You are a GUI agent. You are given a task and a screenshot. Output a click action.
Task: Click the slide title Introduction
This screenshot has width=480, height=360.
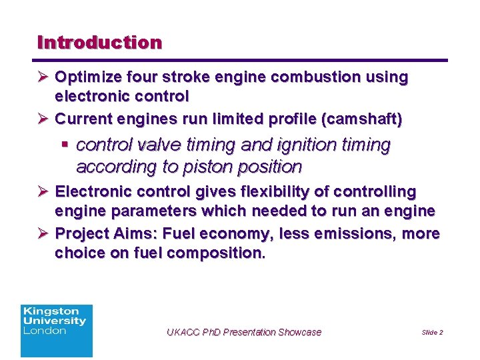[100, 43]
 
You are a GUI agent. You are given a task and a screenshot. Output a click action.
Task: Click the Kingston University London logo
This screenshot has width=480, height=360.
[57, 331]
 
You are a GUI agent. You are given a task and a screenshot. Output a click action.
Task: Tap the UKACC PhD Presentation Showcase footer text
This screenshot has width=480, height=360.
[243, 332]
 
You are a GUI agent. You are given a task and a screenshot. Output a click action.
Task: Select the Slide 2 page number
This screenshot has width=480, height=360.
[432, 332]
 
